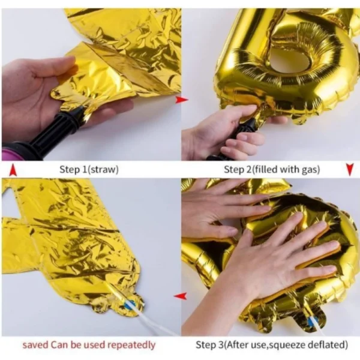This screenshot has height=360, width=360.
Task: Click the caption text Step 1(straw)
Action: click(89, 169)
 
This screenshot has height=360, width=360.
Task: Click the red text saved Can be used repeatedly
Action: click(89, 344)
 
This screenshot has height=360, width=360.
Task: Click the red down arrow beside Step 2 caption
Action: click(349, 170)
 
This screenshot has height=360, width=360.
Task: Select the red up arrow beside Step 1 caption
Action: click(12, 170)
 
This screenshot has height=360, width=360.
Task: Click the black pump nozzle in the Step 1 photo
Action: click(57, 130)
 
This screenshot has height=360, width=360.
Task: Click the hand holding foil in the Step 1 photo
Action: click(36, 90)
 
